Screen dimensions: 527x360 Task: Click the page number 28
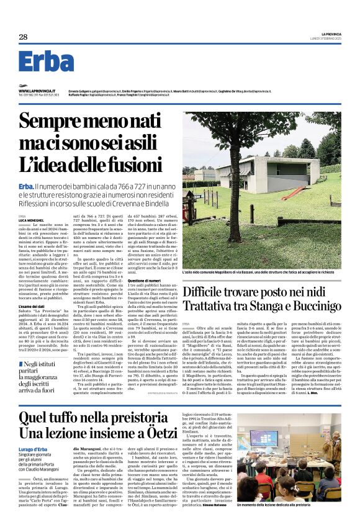coord(23,37)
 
